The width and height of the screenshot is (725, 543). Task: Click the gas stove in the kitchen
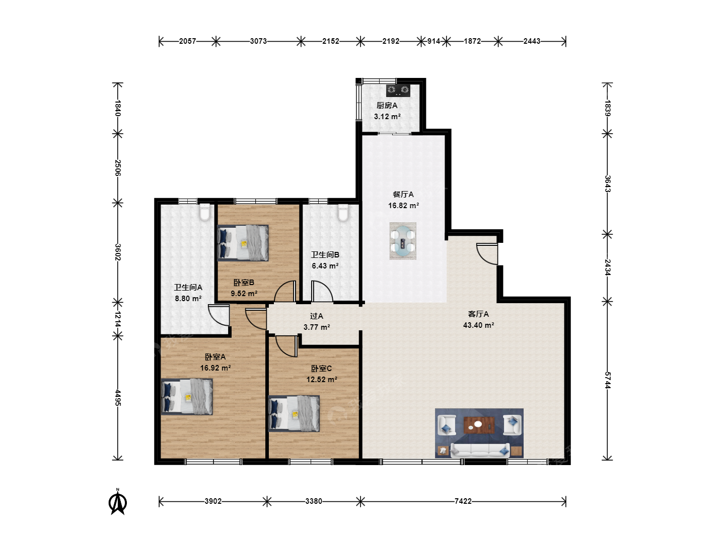tap(398, 90)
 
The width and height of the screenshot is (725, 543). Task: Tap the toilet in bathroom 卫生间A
tap(205, 212)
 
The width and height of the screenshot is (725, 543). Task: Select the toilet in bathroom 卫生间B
tap(343, 212)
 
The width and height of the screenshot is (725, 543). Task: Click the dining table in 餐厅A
tap(403, 241)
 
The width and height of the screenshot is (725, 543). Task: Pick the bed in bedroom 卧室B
tap(243, 243)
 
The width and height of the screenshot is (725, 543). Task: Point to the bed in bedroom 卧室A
tap(187, 396)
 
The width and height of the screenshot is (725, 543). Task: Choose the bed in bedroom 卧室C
tap(294, 413)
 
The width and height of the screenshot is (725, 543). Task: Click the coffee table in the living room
tap(479, 425)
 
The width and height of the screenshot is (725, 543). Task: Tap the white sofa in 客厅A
tap(480, 450)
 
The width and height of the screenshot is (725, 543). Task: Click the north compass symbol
tap(118, 502)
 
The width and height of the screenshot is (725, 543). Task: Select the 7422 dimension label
tap(463, 501)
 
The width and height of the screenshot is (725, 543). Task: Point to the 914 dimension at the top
tap(433, 41)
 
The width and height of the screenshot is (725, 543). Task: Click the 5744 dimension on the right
tap(607, 380)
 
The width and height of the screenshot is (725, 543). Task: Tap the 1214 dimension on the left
tap(118, 319)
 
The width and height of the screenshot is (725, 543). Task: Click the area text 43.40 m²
tap(479, 325)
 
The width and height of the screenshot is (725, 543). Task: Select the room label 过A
tap(316, 316)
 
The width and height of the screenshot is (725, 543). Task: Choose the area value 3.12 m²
tap(387, 116)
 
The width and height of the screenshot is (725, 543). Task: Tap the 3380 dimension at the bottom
tap(314, 501)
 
